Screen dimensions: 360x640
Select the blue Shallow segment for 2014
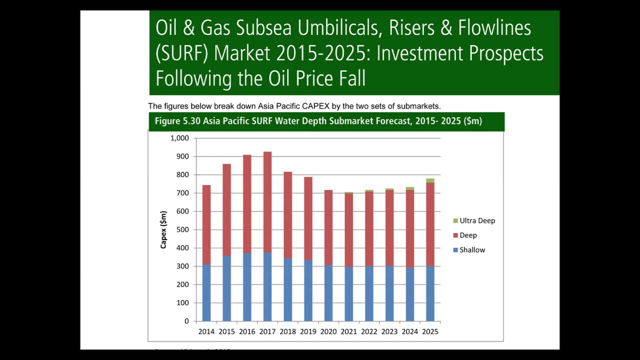206,292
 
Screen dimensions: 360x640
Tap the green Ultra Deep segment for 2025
430,180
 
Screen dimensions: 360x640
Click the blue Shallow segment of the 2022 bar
369,293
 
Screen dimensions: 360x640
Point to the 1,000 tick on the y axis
179,138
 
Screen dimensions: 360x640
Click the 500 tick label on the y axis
182,229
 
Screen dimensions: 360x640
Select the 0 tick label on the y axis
186,321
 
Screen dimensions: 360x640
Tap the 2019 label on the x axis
308,331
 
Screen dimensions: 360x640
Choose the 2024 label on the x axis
409,331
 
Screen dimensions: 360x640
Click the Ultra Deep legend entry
477,220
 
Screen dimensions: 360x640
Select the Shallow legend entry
472,250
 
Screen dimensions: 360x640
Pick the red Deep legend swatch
455,235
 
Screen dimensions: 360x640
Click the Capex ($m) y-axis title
163,229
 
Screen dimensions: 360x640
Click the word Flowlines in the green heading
494,28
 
